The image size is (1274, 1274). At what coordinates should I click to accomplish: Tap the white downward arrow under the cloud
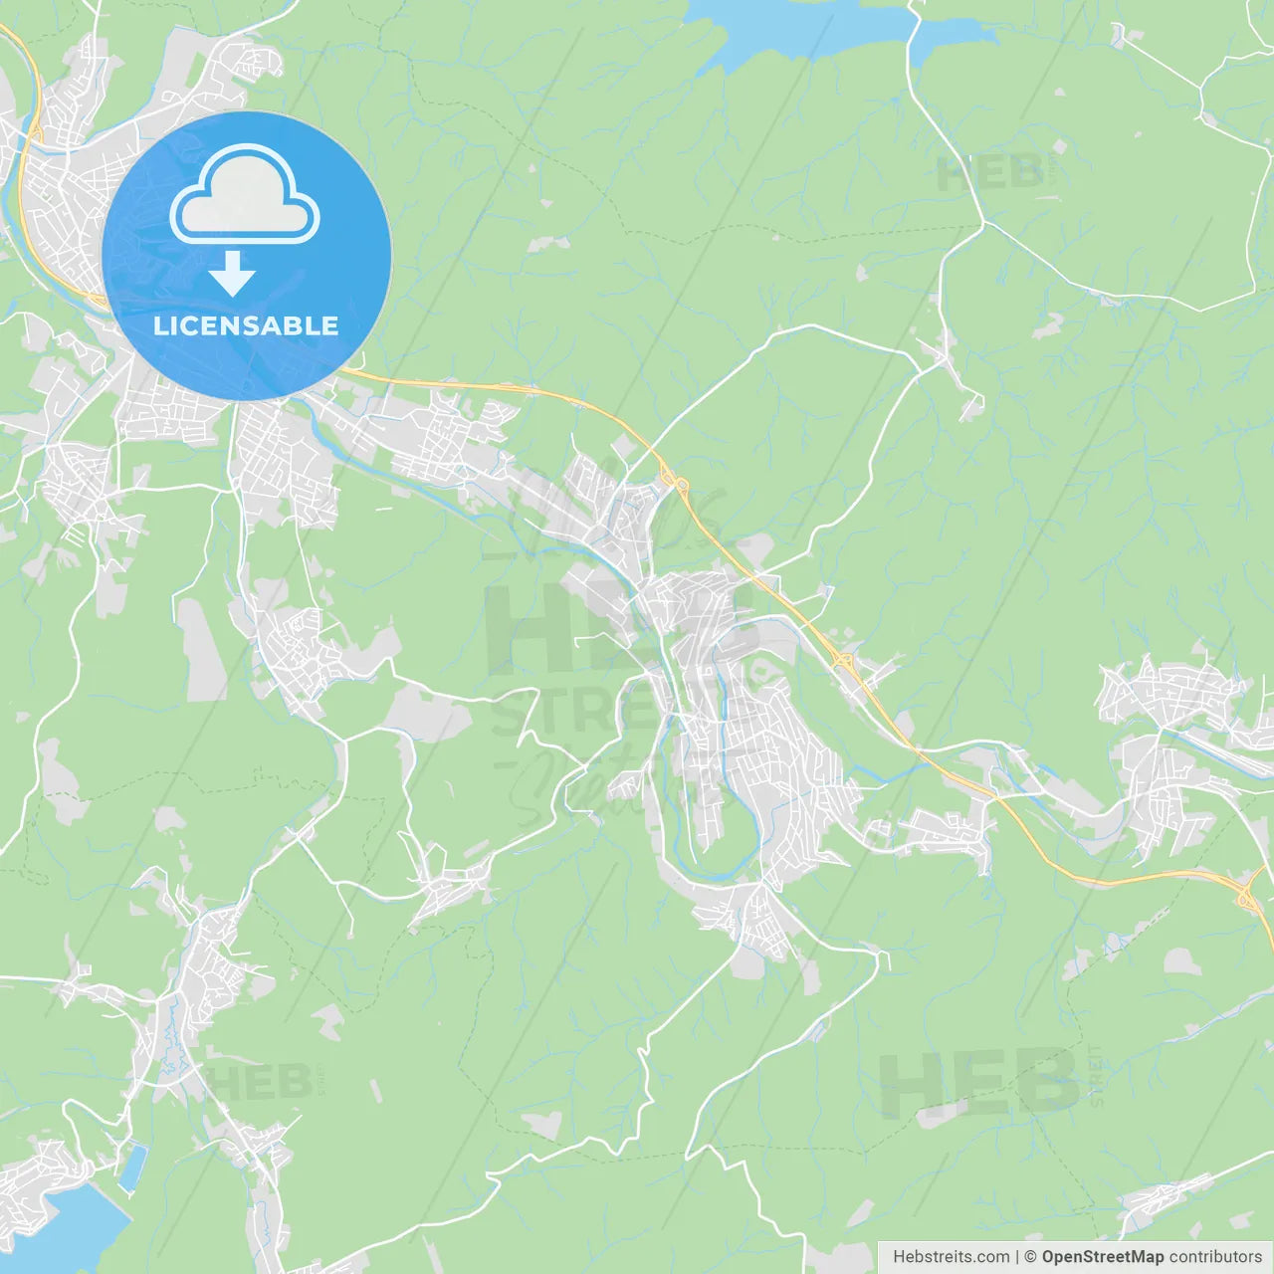tap(233, 273)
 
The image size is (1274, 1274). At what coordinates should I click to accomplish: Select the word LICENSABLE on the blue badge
tap(246, 325)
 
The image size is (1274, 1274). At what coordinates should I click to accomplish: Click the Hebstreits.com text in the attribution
tap(951, 1257)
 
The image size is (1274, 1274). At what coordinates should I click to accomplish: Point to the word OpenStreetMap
tap(1103, 1257)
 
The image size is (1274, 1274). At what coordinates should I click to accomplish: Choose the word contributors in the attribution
tap(1215, 1257)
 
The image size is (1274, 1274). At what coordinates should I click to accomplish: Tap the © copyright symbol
tap(1031, 1257)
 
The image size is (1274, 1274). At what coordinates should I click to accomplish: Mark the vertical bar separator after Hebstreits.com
tap(1017, 1257)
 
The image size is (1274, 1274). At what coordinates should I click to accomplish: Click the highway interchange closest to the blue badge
tap(681, 486)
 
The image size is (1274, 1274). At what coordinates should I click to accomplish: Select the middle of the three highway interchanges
tap(843, 660)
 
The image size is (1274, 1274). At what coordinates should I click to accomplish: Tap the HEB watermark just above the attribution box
tap(977, 1083)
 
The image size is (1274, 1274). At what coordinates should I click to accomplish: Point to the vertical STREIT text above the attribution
tap(1097, 1076)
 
